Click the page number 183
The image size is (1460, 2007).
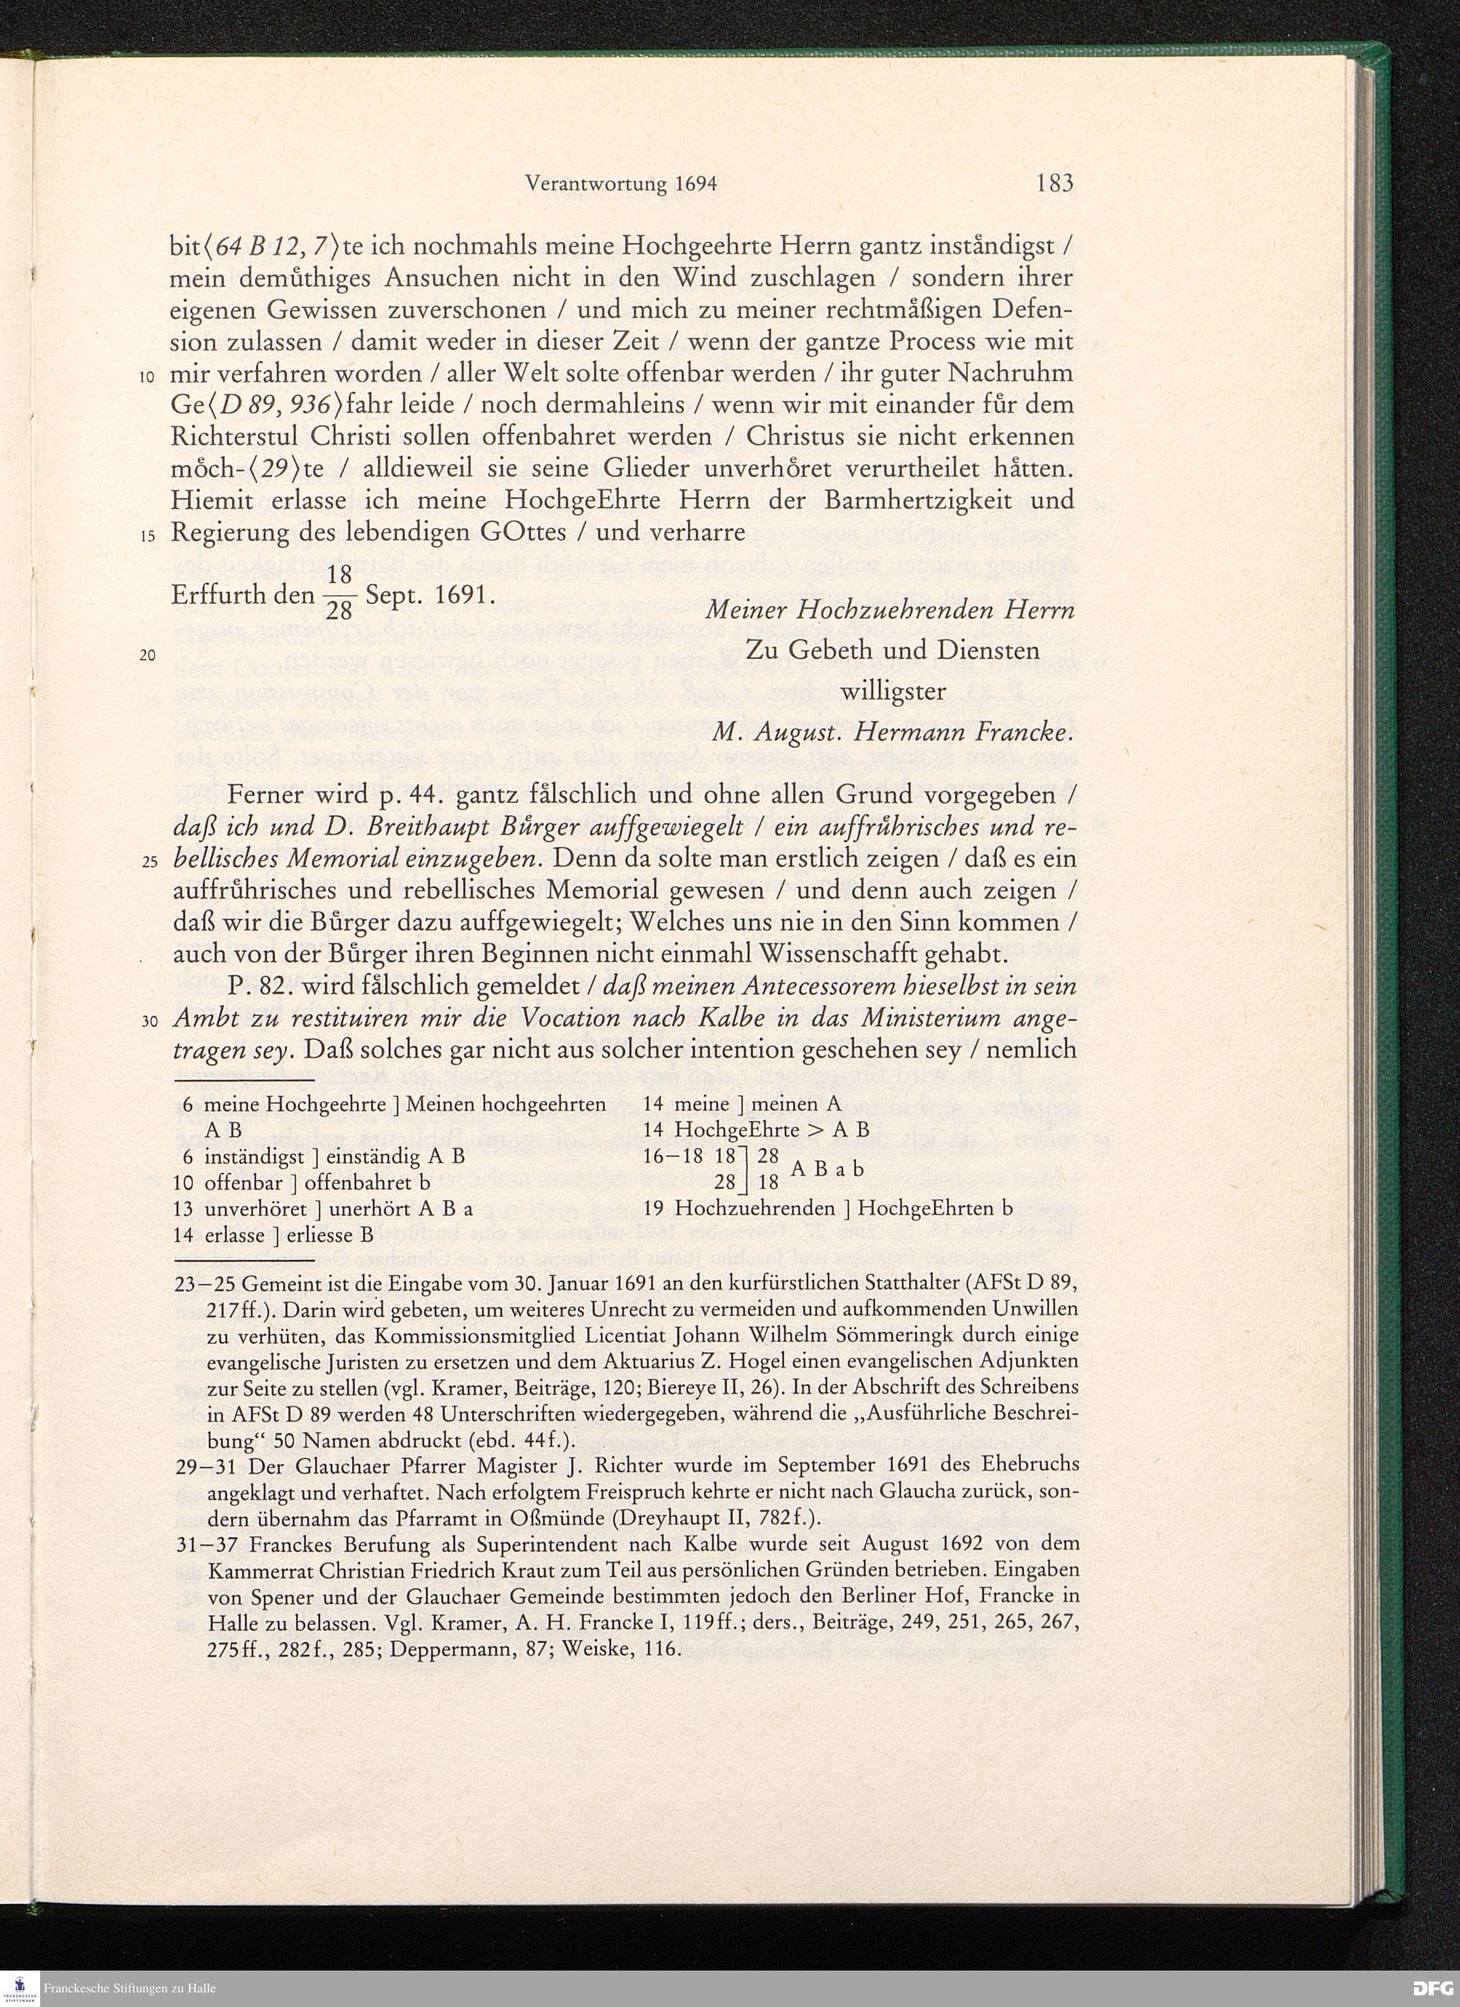[1053, 183]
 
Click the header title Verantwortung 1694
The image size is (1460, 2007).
[620, 184]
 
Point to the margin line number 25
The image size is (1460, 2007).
[148, 863]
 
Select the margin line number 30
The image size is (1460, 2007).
[148, 1022]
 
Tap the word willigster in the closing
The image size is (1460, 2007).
[893, 691]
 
